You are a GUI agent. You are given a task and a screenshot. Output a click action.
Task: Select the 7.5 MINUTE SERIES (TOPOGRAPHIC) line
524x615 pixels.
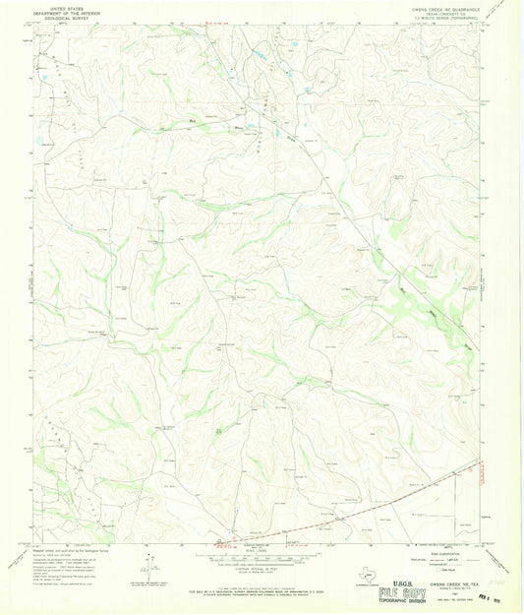(437, 18)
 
